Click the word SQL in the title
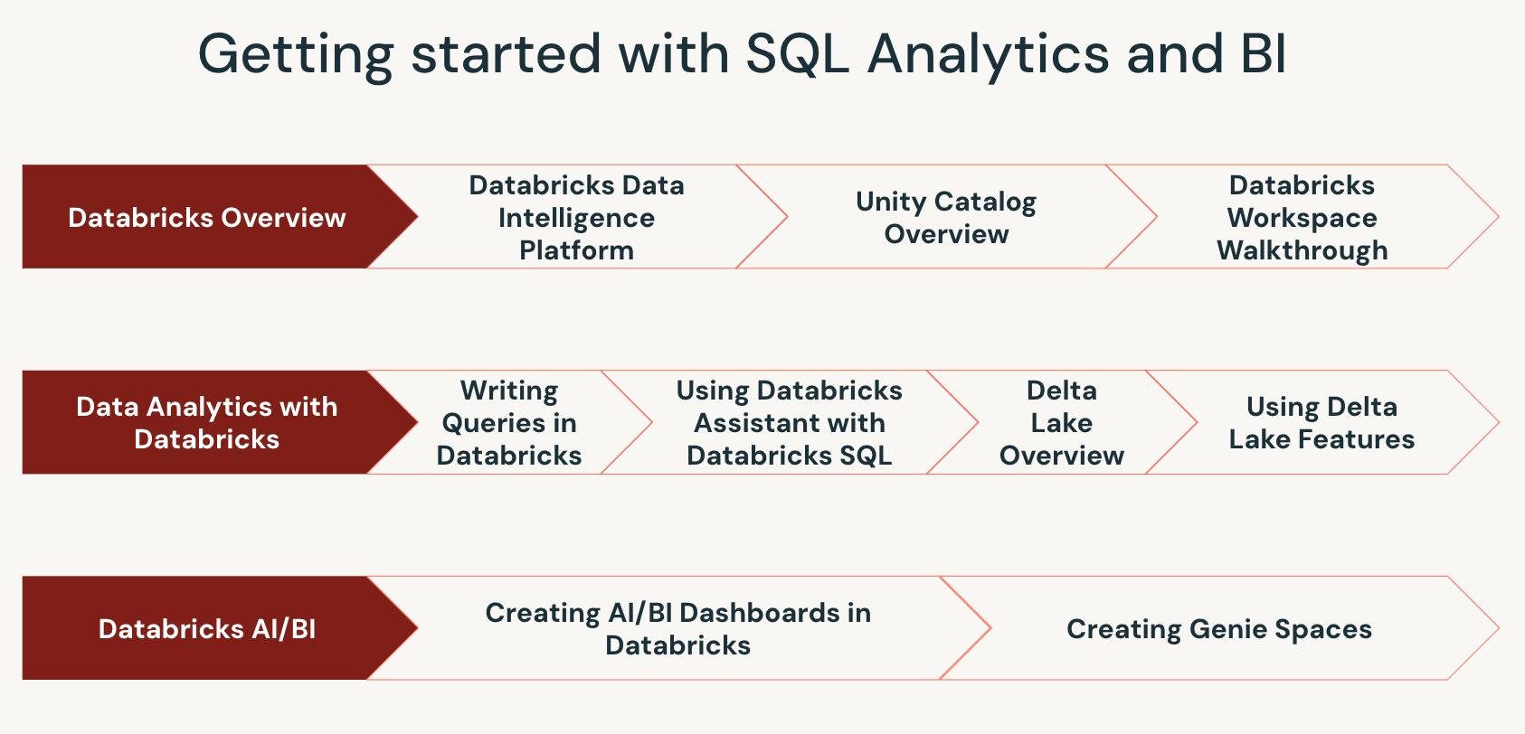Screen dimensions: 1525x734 (x=797, y=53)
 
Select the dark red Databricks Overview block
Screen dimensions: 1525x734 (x=219, y=216)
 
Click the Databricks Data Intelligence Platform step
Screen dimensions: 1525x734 (x=577, y=216)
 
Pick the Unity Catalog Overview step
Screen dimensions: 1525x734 (x=946, y=216)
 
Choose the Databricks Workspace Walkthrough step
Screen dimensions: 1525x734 (x=1302, y=216)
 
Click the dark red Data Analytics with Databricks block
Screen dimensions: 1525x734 (x=219, y=422)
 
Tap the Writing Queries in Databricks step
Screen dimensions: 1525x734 (x=509, y=422)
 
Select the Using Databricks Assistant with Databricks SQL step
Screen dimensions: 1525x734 (x=790, y=422)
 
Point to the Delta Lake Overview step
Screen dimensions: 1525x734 (x=1062, y=422)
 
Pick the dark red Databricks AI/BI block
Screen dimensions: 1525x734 (x=219, y=628)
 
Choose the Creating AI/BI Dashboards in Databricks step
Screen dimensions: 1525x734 (x=678, y=628)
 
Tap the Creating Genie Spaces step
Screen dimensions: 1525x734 (x=1219, y=628)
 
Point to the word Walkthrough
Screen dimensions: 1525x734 (x=1302, y=250)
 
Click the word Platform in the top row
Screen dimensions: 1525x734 (x=577, y=250)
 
